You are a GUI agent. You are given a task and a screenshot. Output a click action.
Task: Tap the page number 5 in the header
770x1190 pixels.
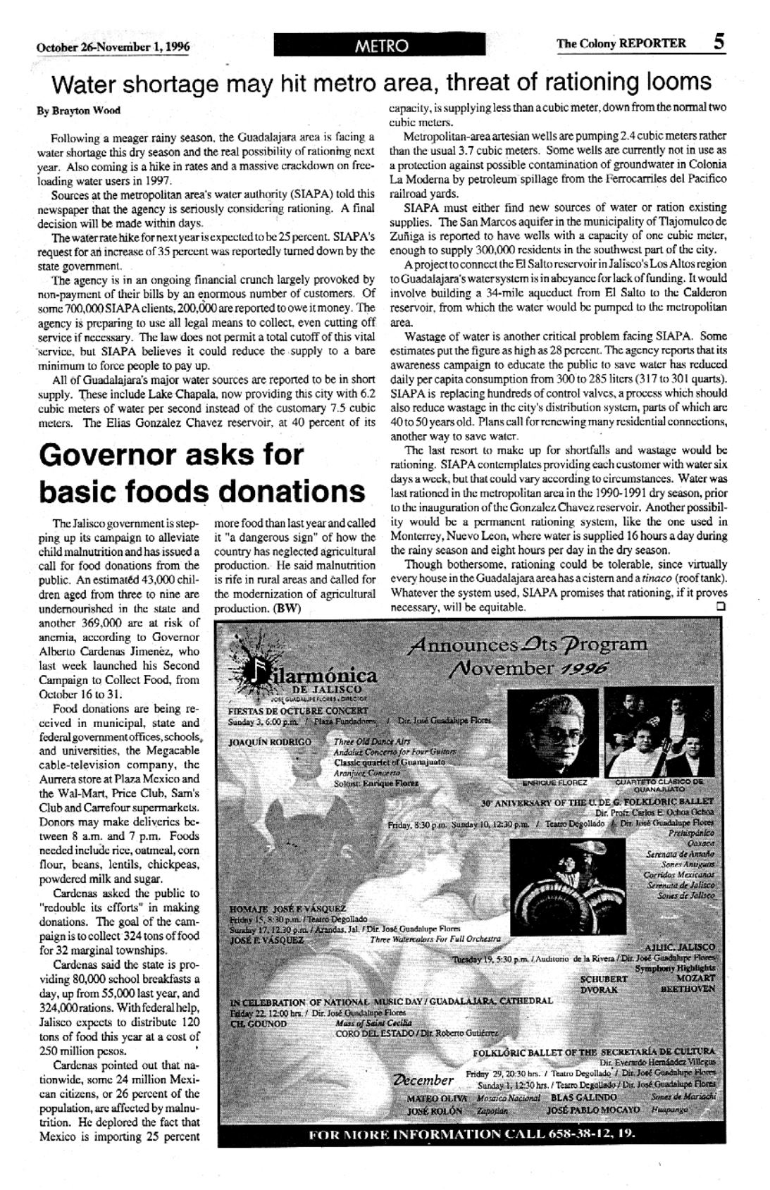pos(719,42)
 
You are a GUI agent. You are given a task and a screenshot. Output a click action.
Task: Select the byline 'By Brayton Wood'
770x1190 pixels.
pos(78,110)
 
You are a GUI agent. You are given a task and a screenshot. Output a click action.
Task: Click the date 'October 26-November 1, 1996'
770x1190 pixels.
pos(113,47)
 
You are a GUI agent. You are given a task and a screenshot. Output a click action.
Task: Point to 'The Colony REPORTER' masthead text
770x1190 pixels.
pos(621,44)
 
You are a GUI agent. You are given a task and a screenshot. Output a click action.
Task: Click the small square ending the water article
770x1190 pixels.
pos(720,606)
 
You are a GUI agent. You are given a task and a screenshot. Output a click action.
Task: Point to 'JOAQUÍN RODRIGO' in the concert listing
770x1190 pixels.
pos(270,743)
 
